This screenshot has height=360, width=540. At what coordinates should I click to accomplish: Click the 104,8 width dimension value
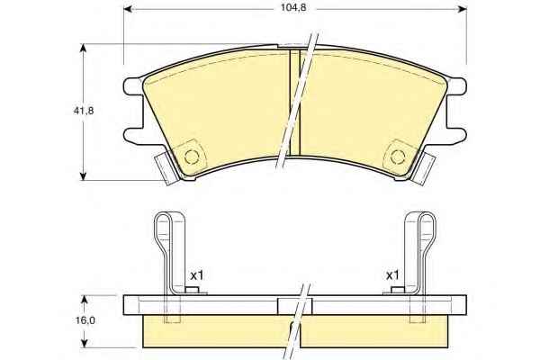(293, 7)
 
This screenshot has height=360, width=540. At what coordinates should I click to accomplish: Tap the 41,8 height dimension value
(84, 111)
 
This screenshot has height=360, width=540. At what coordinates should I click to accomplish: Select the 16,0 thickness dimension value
(85, 320)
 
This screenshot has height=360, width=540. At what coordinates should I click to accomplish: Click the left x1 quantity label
(197, 275)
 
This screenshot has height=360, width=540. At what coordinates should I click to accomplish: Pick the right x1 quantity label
(392, 275)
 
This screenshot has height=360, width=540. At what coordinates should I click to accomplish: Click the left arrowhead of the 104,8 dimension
(128, 9)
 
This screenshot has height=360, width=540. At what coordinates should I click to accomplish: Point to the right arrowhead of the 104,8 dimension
(463, 9)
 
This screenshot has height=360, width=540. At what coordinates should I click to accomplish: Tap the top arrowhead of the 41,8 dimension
(83, 48)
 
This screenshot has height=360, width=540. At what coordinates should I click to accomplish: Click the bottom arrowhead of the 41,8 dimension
(83, 176)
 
